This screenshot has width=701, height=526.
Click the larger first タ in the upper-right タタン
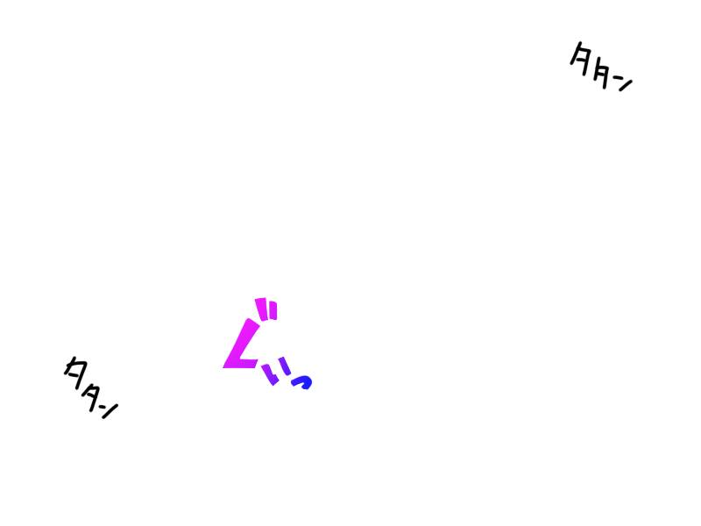[582, 60]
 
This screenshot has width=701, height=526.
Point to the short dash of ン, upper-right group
[616, 81]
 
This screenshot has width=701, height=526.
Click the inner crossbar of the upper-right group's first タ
[582, 61]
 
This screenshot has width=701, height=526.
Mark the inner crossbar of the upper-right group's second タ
[603, 77]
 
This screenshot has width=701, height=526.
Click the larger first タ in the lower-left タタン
[77, 372]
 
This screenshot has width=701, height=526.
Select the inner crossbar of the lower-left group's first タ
[77, 374]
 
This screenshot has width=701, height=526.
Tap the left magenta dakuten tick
[260, 308]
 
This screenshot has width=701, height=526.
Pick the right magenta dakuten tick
[273, 310]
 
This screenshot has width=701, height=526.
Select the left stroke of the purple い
[270, 375]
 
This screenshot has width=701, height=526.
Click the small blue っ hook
[302, 381]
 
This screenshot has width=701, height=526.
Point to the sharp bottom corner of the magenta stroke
[226, 366]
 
